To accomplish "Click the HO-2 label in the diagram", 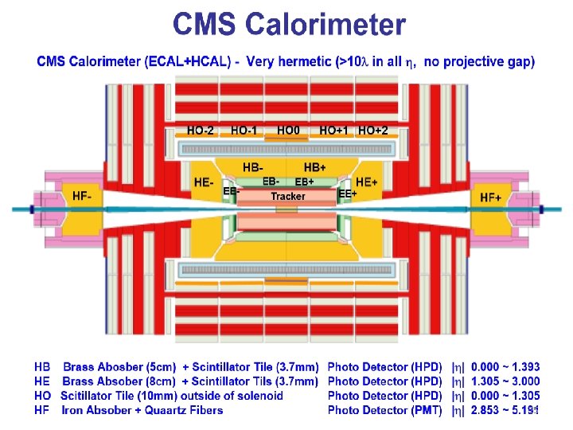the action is click(x=200, y=130).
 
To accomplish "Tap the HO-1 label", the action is click(x=244, y=130).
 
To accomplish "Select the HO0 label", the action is click(x=288, y=130).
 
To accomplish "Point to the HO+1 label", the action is click(x=333, y=130).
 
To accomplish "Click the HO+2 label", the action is click(x=373, y=130).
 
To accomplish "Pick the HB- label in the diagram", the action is click(x=253, y=167).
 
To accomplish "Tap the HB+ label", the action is click(x=315, y=167).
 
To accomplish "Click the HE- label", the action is click(x=204, y=182).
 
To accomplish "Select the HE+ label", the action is click(x=366, y=182).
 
